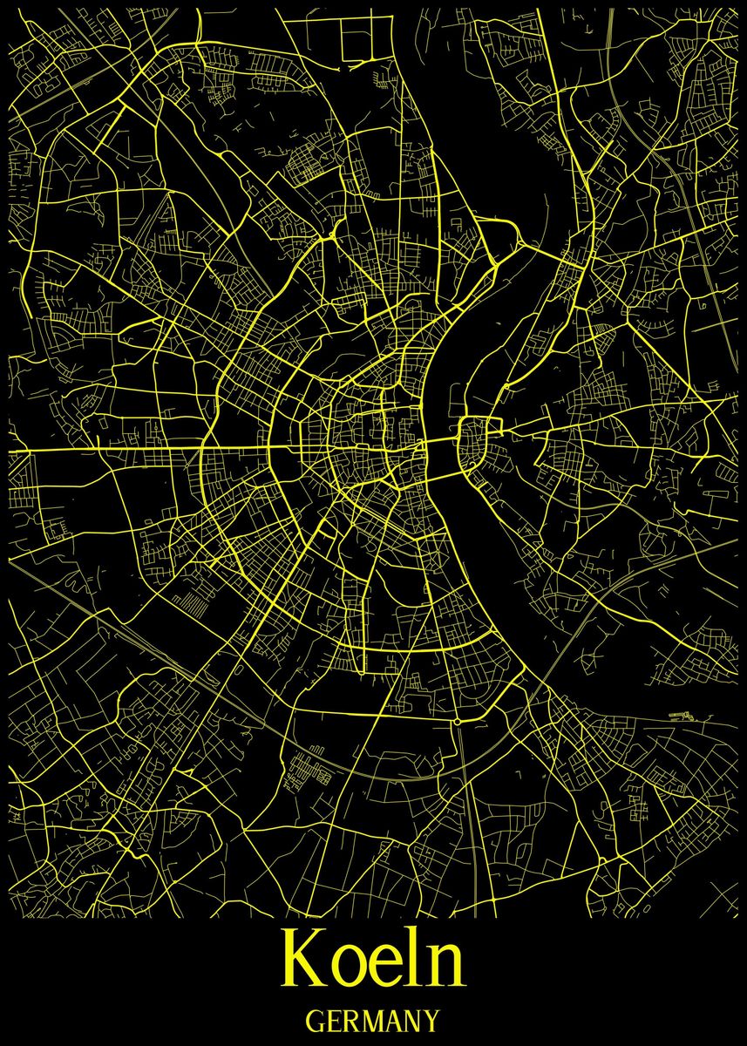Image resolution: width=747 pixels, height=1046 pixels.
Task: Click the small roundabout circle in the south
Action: click(x=456, y=722)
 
